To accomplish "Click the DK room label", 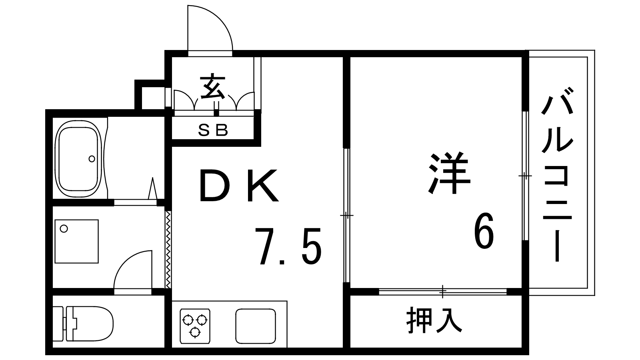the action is pos(238,186).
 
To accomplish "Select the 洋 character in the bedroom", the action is pos(449,174).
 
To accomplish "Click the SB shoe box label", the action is pos(213,130).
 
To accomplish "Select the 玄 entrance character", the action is pos(212,86).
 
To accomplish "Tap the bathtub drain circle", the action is pos(92,159).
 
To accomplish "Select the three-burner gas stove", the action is pos(195,326).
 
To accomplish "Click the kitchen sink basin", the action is pos(256,326).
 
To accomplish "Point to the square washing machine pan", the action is pos(76,242).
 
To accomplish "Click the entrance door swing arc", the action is pos(210,28).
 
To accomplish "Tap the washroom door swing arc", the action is pos(133,270).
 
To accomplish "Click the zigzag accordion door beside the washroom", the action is pos(168,250).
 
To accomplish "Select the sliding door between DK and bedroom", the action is pos(346,215).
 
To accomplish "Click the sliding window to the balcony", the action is pos(526,176).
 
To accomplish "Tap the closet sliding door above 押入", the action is pos(442,292).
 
